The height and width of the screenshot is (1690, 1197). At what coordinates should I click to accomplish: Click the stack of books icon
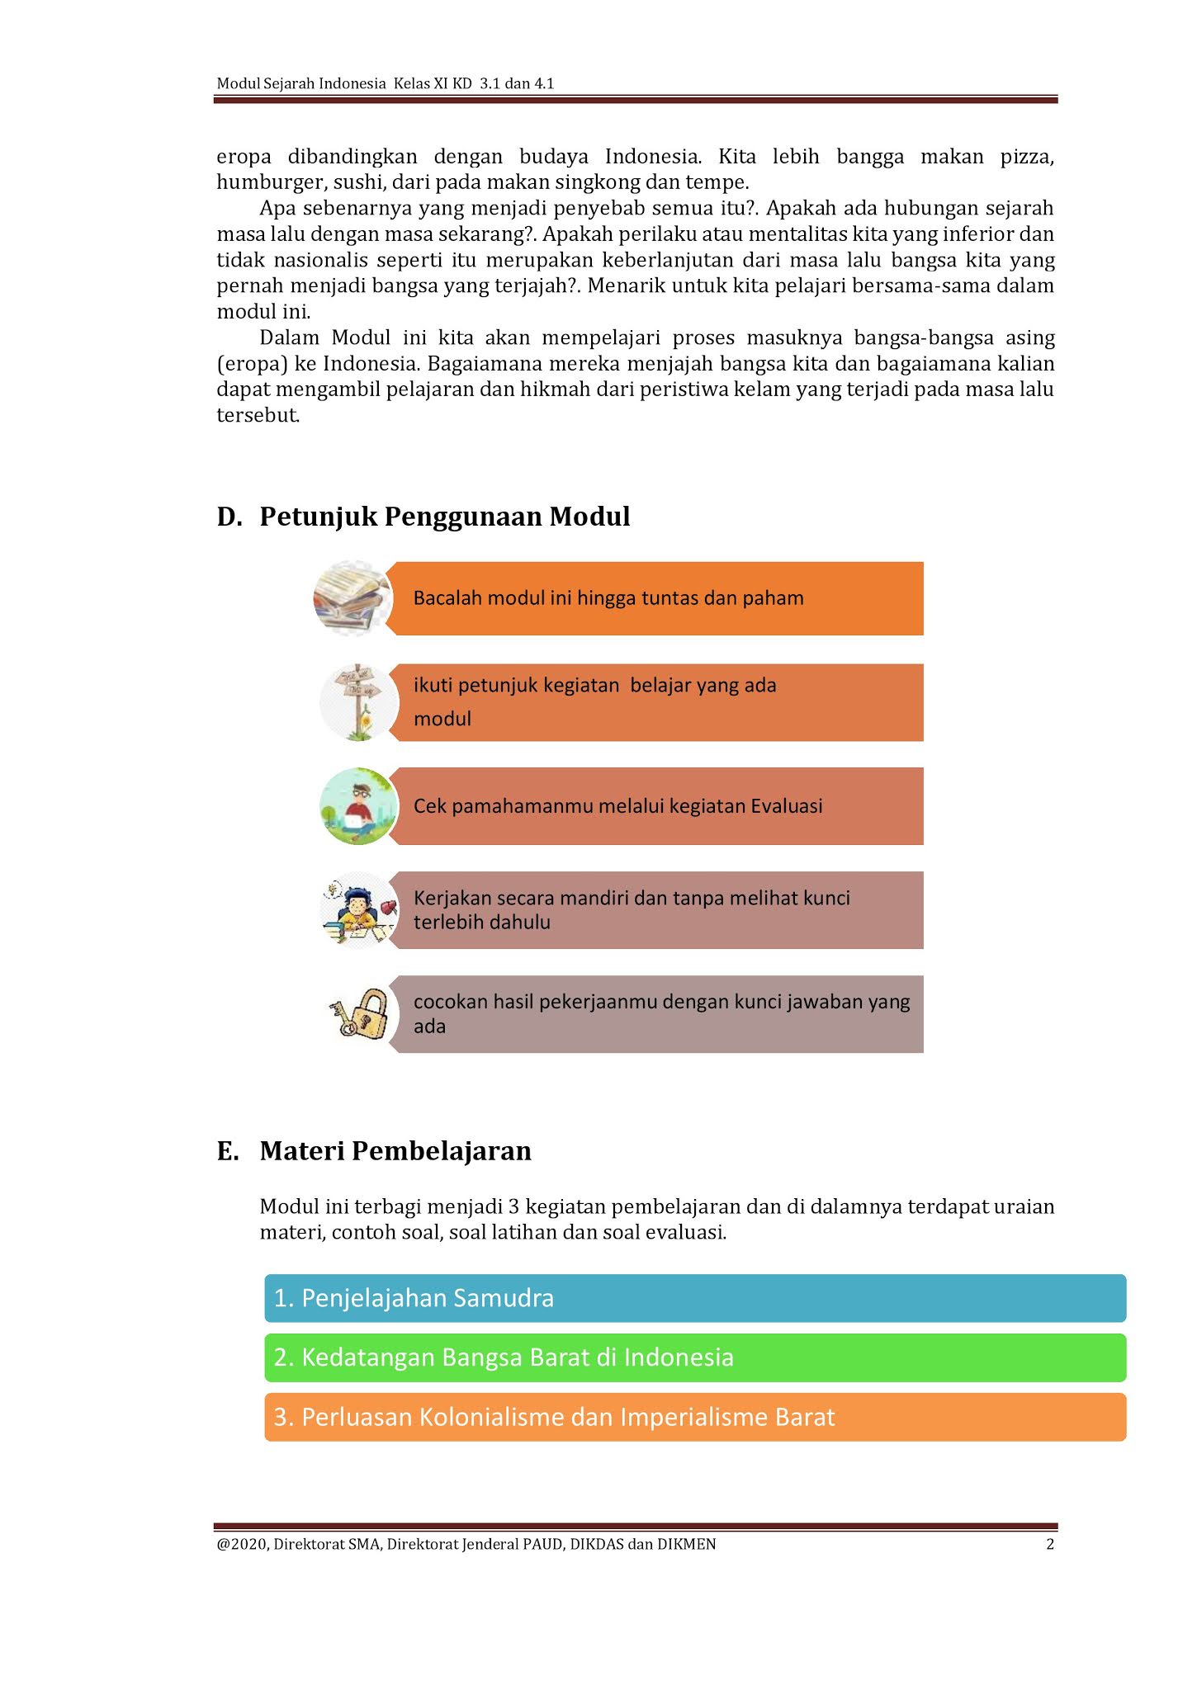[353, 598]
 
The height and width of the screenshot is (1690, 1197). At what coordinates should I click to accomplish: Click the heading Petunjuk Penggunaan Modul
[444, 517]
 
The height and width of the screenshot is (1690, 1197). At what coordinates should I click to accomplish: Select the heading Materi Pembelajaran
[395, 1150]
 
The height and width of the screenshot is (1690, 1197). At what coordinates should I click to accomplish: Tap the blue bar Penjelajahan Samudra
[694, 1298]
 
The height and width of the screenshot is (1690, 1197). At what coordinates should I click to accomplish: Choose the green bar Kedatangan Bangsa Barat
[694, 1357]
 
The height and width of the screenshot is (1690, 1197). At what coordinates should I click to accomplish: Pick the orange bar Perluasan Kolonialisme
[694, 1417]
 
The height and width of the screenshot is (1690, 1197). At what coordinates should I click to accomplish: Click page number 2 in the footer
[1050, 1545]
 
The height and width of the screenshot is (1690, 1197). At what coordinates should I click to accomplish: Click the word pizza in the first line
[1027, 157]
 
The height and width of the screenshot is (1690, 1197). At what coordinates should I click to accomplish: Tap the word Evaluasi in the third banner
[786, 806]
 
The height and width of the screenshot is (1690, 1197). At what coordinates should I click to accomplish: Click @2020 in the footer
[241, 1545]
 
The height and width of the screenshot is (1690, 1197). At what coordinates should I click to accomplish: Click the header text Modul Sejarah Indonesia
[300, 83]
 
